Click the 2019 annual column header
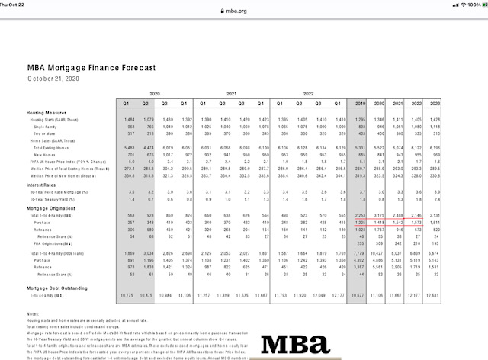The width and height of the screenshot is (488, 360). (x=361, y=102)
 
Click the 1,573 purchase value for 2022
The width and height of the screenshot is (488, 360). (x=416, y=222)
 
